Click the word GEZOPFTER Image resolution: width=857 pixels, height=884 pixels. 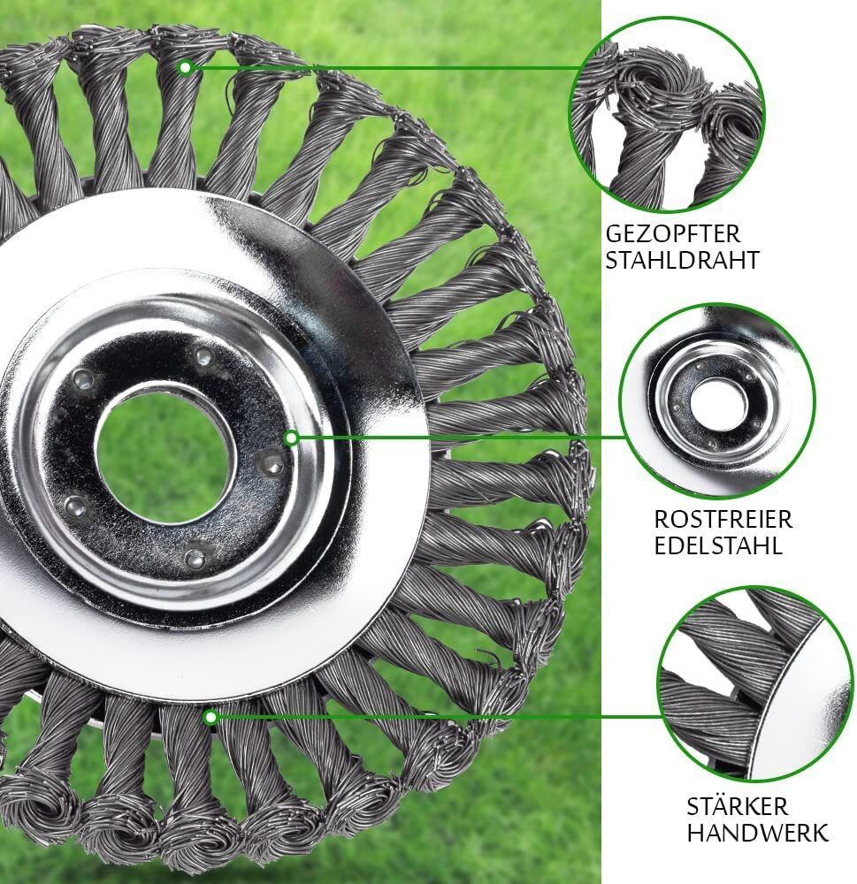(672, 233)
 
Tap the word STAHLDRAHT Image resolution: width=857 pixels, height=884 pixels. (682, 261)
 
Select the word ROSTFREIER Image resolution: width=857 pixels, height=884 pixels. (723, 519)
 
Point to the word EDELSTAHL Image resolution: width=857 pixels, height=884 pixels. (718, 545)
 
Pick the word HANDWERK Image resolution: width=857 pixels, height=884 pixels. (757, 833)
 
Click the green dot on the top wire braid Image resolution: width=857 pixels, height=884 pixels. (185, 68)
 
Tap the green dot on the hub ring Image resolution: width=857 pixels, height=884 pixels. (291, 438)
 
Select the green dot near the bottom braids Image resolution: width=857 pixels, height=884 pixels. (210, 717)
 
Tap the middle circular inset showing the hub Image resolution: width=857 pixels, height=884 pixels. (717, 401)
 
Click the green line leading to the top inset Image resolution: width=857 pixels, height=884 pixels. (384, 68)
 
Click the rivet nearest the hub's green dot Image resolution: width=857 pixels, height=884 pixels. (271, 463)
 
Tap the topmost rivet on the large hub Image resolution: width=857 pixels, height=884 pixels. (204, 356)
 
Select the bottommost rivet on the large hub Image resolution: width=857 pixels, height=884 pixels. (194, 558)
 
